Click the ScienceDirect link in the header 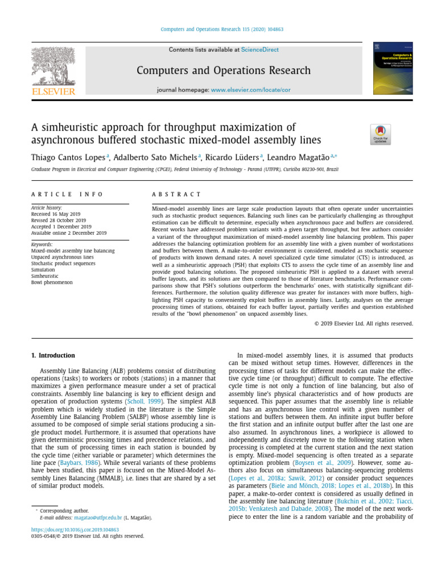point(259,50)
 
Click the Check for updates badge point(380,135)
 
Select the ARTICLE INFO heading point(67,194)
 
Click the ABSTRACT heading point(176,194)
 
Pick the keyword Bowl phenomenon point(51,281)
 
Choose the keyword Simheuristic point(44,275)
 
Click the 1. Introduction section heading point(52,356)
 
